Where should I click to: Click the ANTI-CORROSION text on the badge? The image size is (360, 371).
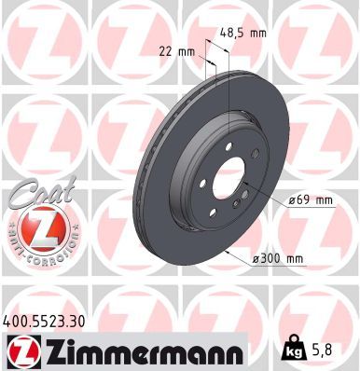(35, 252)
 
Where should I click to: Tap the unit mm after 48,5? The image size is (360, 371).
(257, 33)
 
